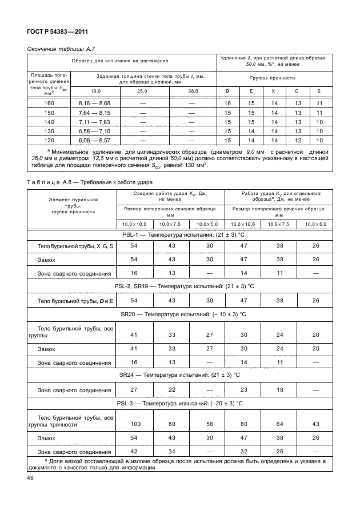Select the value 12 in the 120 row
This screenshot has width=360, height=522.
point(296,140)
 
